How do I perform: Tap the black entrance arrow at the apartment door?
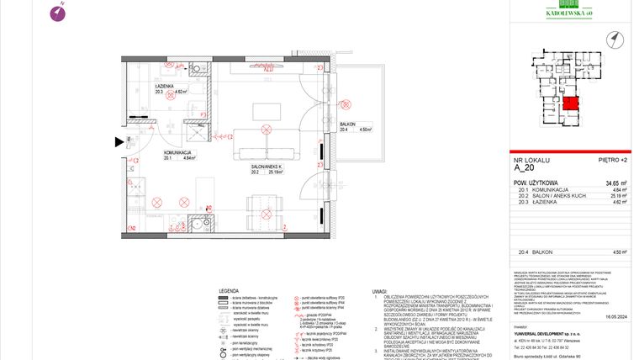(119, 141)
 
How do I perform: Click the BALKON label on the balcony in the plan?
(348, 123)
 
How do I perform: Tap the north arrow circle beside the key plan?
(616, 38)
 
